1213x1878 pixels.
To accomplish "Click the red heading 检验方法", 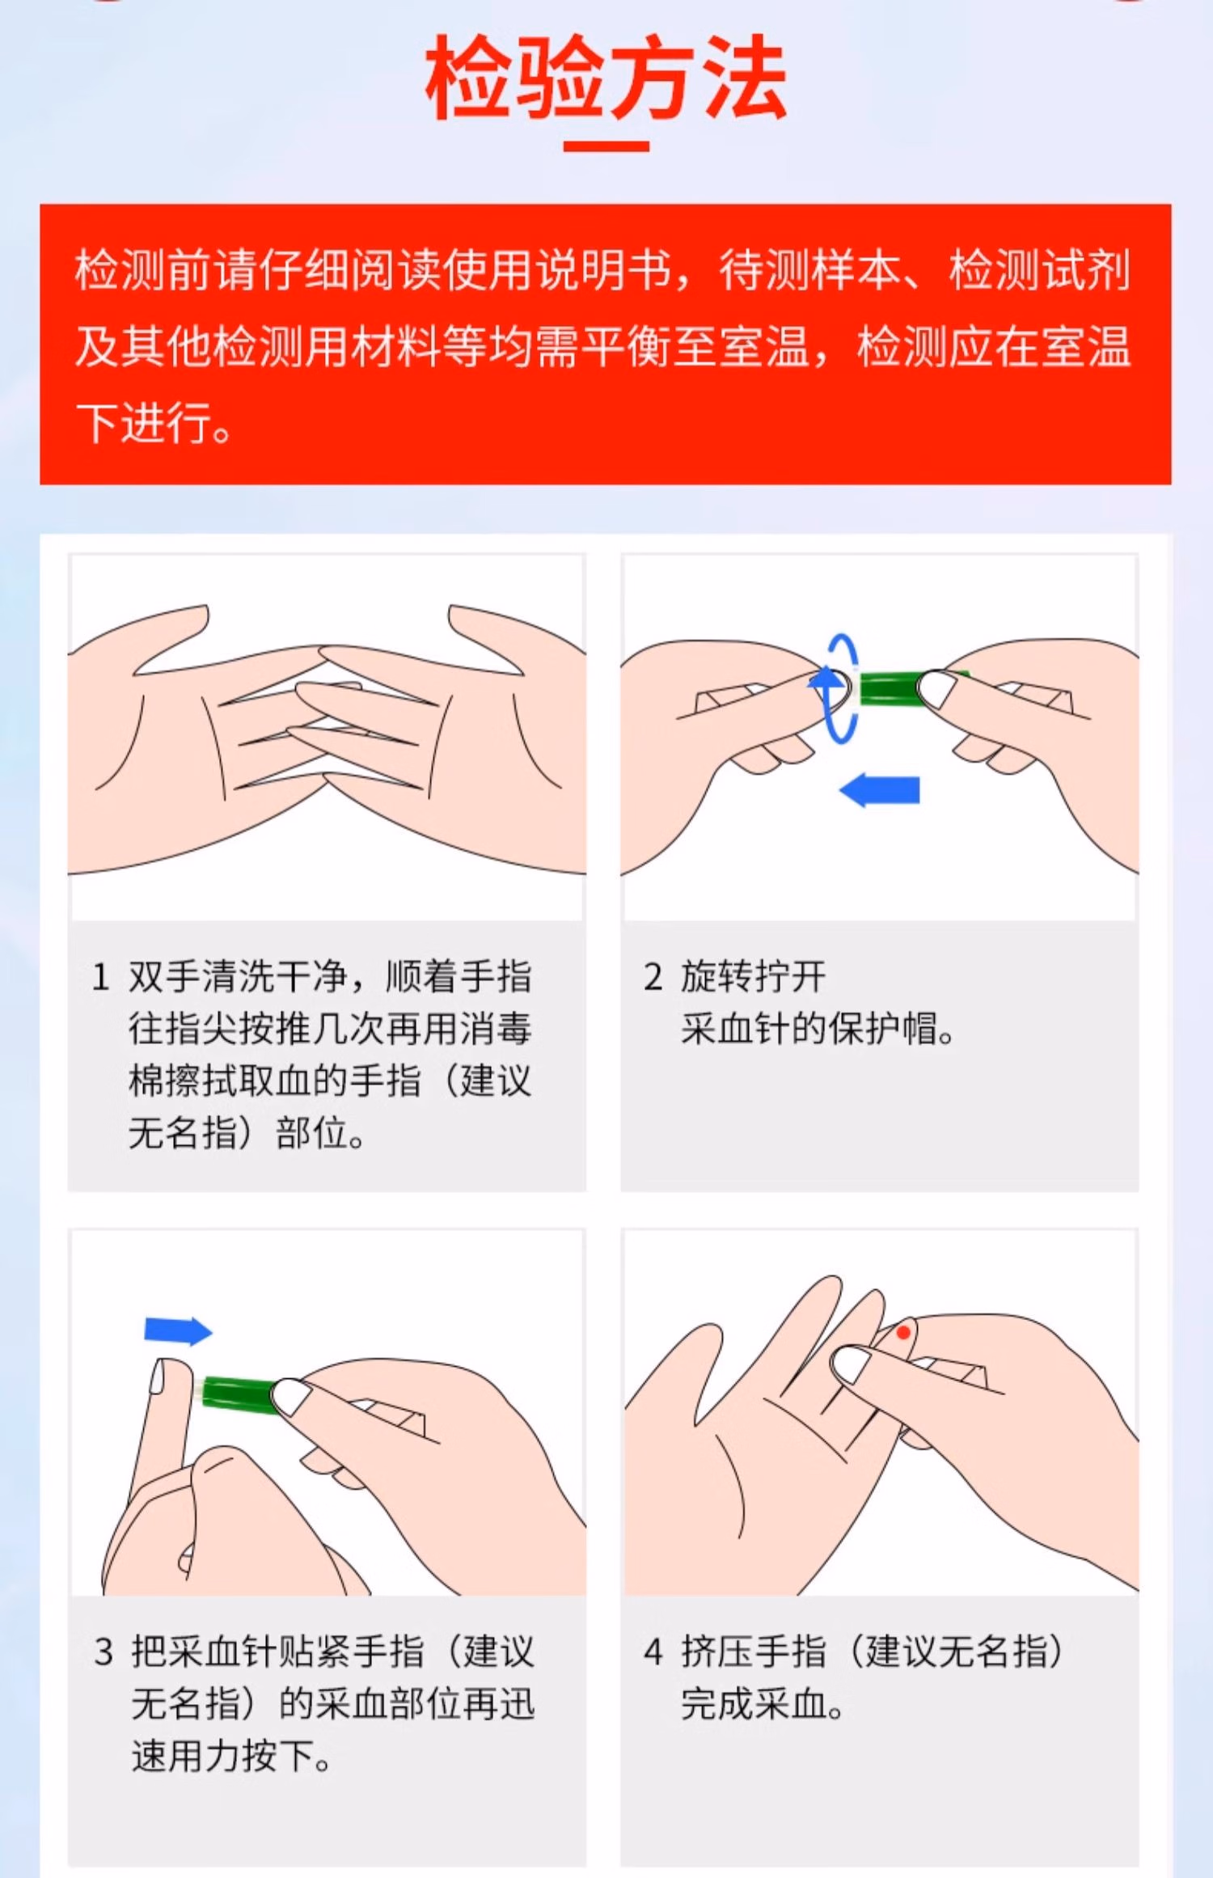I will click(x=606, y=79).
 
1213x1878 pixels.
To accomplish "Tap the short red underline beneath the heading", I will click(x=606, y=146).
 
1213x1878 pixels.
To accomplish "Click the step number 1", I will click(x=100, y=977).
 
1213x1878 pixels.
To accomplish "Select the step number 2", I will click(x=653, y=977).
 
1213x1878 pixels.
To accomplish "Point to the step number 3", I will click(x=103, y=1652).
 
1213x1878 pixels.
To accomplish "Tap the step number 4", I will click(x=653, y=1652).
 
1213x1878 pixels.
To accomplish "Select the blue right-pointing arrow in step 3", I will click(x=178, y=1330).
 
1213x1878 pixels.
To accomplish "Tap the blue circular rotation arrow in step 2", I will click(x=840, y=688).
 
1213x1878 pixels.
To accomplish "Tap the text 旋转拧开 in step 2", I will click(x=753, y=977).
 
